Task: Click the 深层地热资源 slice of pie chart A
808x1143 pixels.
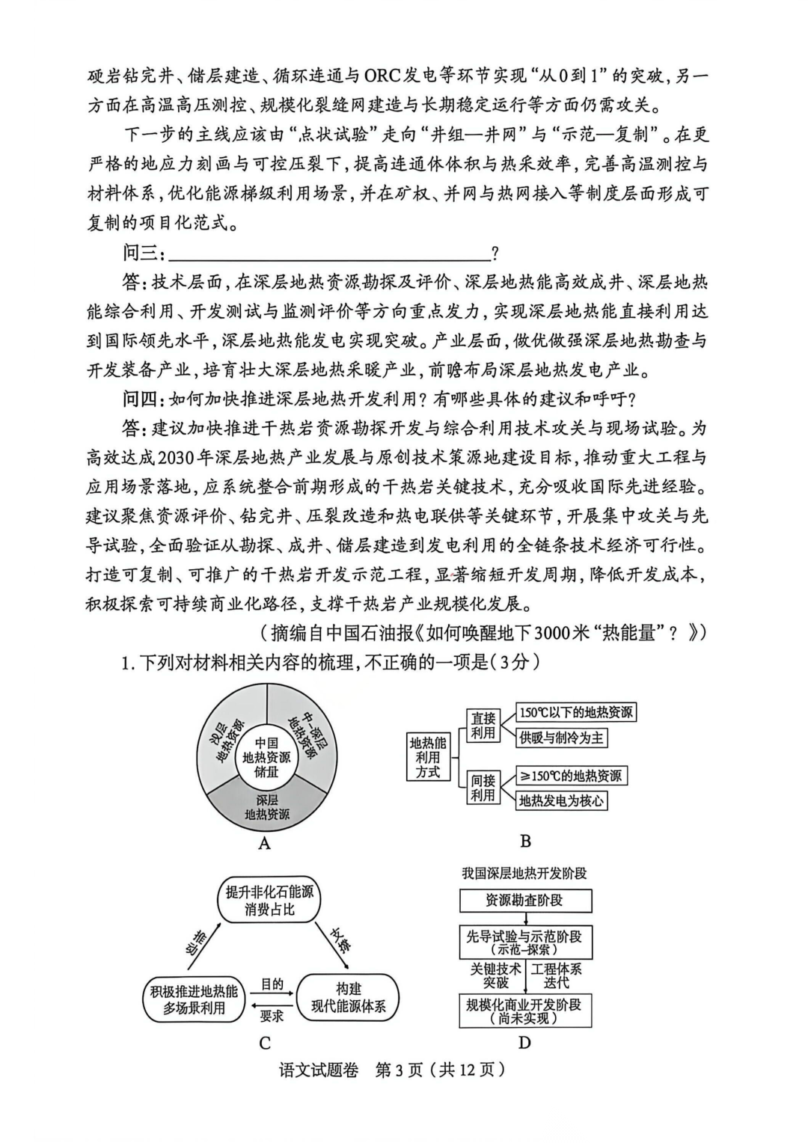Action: coord(266,808)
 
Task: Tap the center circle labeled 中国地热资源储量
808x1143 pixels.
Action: coord(266,757)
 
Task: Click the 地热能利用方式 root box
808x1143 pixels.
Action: coord(428,757)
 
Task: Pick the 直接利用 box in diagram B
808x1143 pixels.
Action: coord(483,726)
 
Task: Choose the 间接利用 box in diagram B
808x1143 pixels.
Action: coord(483,788)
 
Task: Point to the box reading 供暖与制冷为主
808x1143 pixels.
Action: coord(562,738)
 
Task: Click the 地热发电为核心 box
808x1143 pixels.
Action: coord(562,801)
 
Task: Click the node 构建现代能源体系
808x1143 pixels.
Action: coord(349,998)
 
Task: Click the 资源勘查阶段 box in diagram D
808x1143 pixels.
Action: coord(524,900)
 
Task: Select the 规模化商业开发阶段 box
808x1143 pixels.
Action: coord(524,1011)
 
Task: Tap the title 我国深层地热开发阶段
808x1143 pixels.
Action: coord(524,873)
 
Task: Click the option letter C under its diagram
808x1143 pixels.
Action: coord(265,1043)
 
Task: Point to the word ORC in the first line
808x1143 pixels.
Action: coord(383,76)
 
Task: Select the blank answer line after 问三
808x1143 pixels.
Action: coord(329,254)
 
